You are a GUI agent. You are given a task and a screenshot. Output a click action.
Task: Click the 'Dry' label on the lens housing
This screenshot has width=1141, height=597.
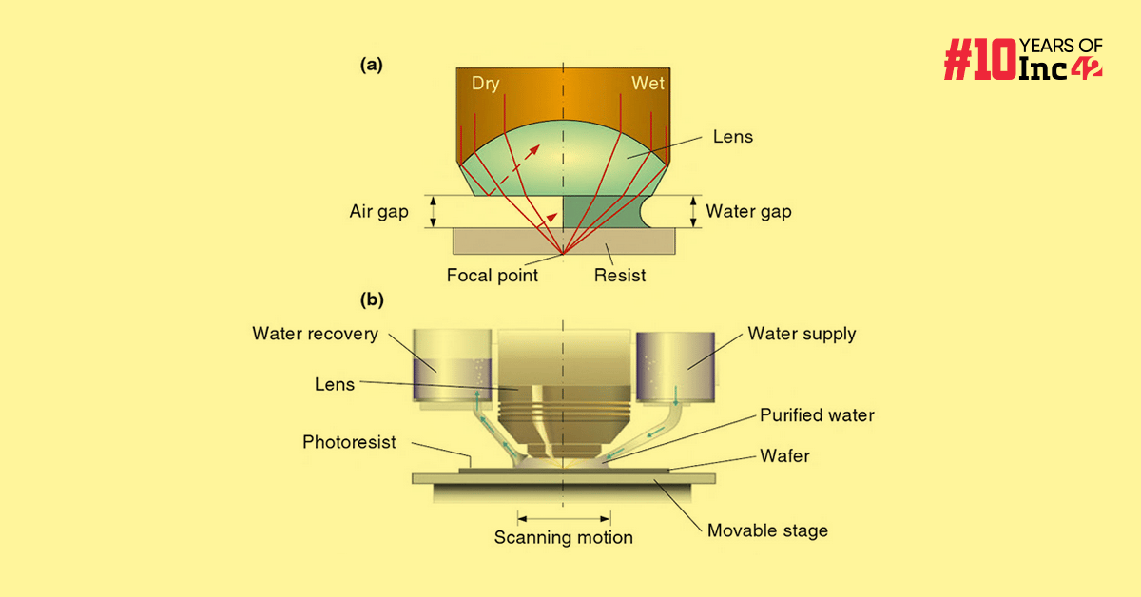pyautogui.click(x=485, y=84)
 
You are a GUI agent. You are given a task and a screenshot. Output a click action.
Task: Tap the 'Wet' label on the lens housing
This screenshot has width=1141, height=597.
pyautogui.click(x=648, y=84)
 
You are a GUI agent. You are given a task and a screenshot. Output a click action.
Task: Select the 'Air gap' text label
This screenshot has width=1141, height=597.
pyautogui.click(x=378, y=212)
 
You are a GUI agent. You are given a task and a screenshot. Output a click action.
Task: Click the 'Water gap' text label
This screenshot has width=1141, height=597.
pyautogui.click(x=748, y=212)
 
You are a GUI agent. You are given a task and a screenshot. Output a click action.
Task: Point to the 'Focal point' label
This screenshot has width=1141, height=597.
pyautogui.click(x=493, y=276)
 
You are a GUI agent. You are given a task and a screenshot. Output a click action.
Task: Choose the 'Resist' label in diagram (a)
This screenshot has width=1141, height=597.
pyautogui.click(x=620, y=276)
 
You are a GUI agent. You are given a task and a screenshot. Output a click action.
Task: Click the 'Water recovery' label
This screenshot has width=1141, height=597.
pyautogui.click(x=315, y=334)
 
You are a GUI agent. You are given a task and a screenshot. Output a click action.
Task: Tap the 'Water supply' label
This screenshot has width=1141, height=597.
pyautogui.click(x=802, y=334)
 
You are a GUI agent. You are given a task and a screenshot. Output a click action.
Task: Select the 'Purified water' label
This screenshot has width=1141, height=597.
pyautogui.click(x=817, y=415)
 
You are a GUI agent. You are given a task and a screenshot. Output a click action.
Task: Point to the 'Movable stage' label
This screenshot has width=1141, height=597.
pyautogui.click(x=767, y=530)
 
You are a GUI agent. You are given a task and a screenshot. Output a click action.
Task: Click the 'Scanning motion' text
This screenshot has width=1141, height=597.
pyautogui.click(x=563, y=538)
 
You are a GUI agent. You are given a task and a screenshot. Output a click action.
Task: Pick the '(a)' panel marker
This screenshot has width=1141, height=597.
pyautogui.click(x=371, y=65)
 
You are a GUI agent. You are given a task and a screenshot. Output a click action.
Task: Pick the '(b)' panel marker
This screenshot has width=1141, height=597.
pyautogui.click(x=371, y=300)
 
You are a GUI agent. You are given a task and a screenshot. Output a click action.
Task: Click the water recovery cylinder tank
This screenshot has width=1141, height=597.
pyautogui.click(x=453, y=364)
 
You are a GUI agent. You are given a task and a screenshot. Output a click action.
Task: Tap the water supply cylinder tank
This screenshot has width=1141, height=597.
pyautogui.click(x=674, y=366)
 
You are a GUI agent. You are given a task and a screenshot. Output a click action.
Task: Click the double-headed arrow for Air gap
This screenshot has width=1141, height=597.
pyautogui.click(x=434, y=211)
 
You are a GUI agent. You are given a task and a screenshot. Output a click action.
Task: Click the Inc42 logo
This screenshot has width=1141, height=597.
pyautogui.click(x=1022, y=59)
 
